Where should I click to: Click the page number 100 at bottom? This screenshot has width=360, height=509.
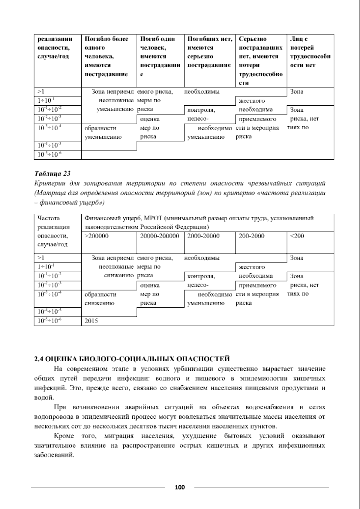tap(180, 487)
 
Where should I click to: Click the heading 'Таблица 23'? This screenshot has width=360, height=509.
tap(52, 174)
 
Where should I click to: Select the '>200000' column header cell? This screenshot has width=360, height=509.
tap(97, 236)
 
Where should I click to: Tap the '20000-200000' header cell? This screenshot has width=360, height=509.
tap(160, 236)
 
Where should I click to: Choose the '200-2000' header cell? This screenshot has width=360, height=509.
tap(251, 236)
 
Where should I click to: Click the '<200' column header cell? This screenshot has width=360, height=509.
tap(297, 236)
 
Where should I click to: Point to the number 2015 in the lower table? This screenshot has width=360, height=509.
tap(91, 321)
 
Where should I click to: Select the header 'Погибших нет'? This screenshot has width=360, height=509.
tap(210, 52)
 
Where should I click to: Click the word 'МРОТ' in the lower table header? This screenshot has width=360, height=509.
tap(153, 218)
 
